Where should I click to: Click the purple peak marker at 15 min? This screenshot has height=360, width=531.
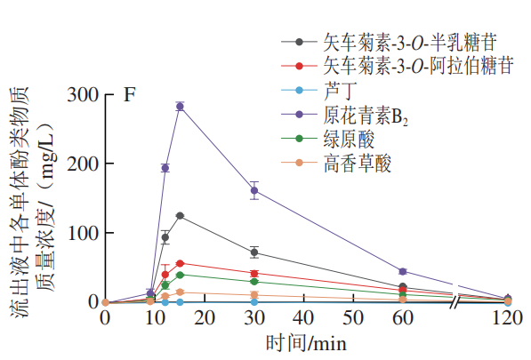point(180,107)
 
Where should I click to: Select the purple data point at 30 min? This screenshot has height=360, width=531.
point(254,190)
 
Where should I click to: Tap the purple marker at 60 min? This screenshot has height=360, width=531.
point(403,271)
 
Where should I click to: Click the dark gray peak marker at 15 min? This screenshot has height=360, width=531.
point(180,216)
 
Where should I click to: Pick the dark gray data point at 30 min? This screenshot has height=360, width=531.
point(254,252)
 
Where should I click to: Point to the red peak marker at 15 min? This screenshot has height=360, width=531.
point(180,263)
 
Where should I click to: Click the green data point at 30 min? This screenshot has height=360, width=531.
point(254,282)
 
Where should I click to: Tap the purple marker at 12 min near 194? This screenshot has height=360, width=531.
point(165,167)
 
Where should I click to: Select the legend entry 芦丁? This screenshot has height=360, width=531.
point(339,91)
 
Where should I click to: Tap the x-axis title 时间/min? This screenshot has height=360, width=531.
point(305,342)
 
